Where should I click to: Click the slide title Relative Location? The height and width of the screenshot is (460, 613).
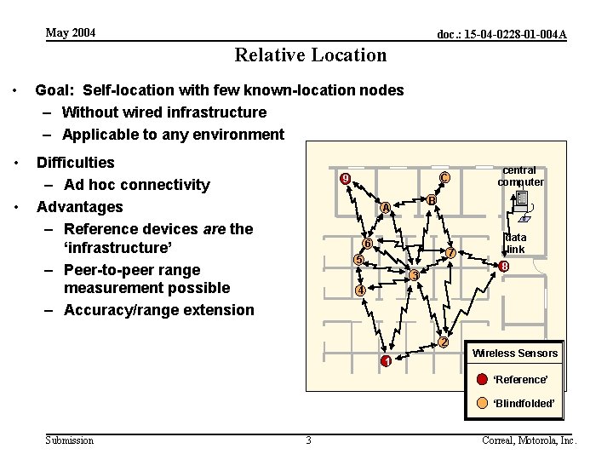[310, 55]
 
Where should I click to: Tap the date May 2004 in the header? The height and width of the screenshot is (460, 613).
[71, 33]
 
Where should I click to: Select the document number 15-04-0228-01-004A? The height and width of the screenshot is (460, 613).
[501, 35]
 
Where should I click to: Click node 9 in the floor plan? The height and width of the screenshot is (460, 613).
[345, 179]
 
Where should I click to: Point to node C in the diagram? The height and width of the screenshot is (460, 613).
[444, 178]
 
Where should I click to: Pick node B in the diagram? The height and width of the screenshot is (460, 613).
[432, 200]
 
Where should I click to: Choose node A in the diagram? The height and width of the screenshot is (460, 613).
[386, 208]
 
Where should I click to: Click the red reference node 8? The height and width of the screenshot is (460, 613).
[505, 267]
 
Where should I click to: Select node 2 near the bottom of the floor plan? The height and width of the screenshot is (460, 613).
[443, 342]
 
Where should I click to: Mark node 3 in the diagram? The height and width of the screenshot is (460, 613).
[414, 275]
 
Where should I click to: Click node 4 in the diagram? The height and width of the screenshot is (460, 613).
[360, 290]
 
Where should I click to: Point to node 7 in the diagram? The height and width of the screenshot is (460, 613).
[451, 252]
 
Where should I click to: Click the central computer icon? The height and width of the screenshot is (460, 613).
[522, 204]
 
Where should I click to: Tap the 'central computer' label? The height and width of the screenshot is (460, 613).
[520, 176]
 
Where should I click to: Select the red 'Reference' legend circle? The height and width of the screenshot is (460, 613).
[482, 379]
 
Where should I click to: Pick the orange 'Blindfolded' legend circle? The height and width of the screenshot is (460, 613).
[482, 403]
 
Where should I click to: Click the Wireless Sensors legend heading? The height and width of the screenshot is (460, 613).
[515, 354]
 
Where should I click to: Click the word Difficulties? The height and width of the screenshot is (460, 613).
[75, 162]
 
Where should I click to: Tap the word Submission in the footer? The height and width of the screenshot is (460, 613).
[70, 440]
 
